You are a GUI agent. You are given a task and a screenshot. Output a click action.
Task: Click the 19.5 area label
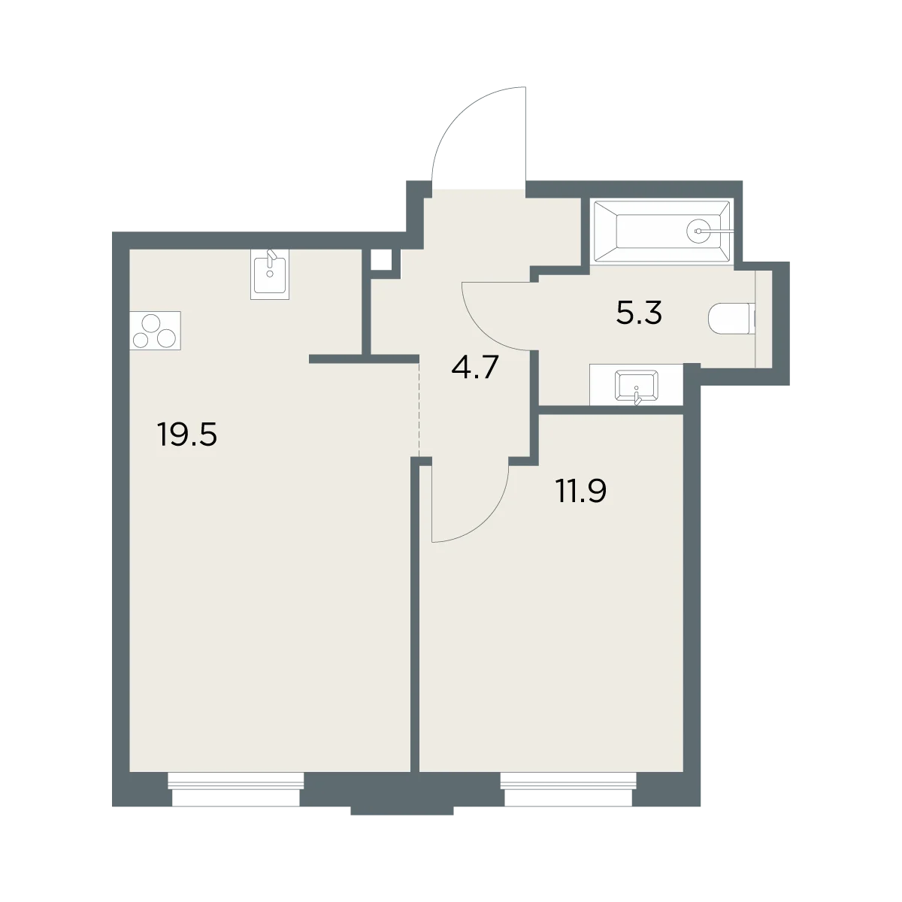[x=188, y=434]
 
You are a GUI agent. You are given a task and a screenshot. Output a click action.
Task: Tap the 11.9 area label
[x=581, y=491]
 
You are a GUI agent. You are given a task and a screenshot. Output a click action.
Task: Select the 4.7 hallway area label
[x=474, y=367]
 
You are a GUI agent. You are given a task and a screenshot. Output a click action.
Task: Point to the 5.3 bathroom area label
[x=639, y=313]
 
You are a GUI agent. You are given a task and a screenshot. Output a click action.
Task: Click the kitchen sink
[x=270, y=274]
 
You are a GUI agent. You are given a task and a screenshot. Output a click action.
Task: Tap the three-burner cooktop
[x=155, y=330]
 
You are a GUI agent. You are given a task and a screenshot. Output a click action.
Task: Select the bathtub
[x=662, y=231]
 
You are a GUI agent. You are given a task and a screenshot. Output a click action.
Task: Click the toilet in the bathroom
[x=731, y=318]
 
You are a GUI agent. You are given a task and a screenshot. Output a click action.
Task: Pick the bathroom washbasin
[x=637, y=386]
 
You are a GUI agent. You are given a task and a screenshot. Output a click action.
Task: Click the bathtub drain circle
[x=698, y=231]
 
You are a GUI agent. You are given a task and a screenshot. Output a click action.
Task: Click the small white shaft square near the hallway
[x=381, y=259]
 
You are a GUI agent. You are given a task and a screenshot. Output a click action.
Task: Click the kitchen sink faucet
[x=271, y=260]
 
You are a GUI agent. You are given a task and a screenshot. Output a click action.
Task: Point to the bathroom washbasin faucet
[x=636, y=395]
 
